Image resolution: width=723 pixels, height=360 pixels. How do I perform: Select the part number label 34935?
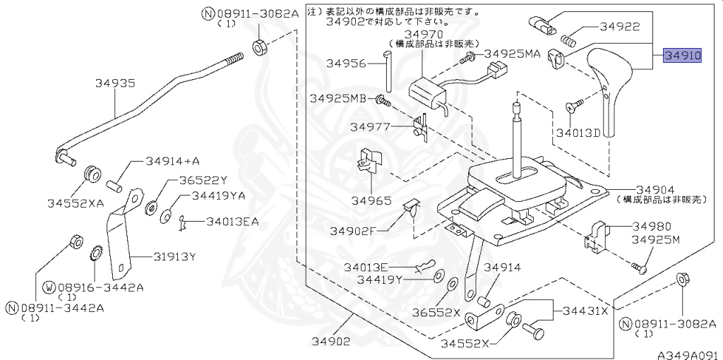(115, 83)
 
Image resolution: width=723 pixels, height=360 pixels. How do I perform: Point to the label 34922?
(620, 27)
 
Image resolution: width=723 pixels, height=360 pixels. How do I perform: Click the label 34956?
(346, 64)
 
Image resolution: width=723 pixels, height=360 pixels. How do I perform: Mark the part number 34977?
(371, 127)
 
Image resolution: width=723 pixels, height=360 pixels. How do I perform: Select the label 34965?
(371, 200)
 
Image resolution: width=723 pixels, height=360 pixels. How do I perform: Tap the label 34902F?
(353, 231)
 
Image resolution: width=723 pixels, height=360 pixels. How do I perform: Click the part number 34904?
(655, 190)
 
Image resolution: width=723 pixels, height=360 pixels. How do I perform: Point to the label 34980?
(652, 227)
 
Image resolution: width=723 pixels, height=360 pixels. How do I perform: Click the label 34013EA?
(232, 222)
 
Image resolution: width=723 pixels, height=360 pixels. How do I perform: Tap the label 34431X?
(585, 311)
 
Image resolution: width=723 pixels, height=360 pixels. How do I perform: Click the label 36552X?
(436, 313)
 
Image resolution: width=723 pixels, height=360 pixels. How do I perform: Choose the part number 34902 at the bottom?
(330, 342)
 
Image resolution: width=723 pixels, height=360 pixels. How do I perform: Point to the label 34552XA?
(76, 203)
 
